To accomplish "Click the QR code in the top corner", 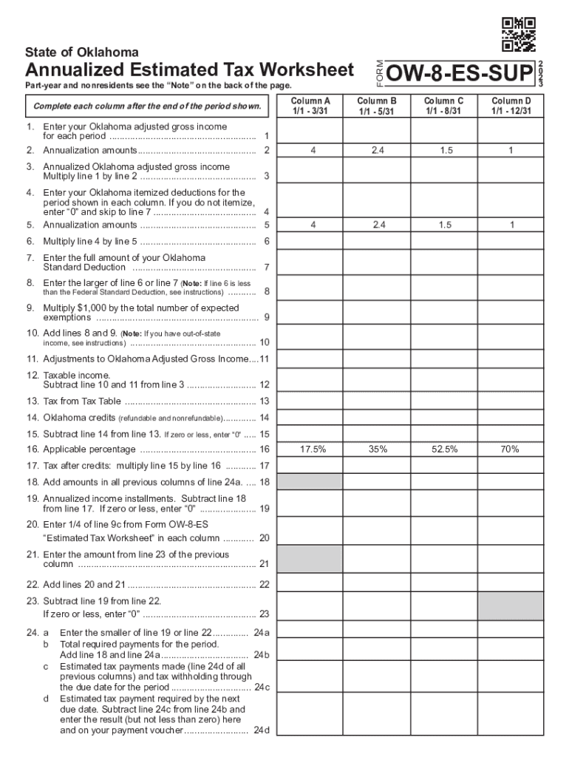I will (x=518, y=34).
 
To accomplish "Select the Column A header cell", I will (x=310, y=106).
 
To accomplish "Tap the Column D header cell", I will (x=511, y=106).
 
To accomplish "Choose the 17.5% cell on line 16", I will (x=310, y=449).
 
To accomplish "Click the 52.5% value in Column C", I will (x=444, y=449).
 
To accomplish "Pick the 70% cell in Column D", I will (x=511, y=449).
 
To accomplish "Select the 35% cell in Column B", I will (x=378, y=449).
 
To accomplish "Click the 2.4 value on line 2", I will (x=378, y=151).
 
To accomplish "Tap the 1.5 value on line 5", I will (x=444, y=225).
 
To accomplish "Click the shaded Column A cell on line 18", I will (x=310, y=481).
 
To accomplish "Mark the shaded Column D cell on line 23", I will (x=511, y=605).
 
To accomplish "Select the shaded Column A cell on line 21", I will (x=310, y=560).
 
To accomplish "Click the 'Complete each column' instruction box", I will (x=147, y=106).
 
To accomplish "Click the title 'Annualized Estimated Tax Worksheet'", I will (x=190, y=71).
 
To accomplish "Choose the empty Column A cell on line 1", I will (x=310, y=131).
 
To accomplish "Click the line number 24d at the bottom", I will (x=261, y=730).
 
